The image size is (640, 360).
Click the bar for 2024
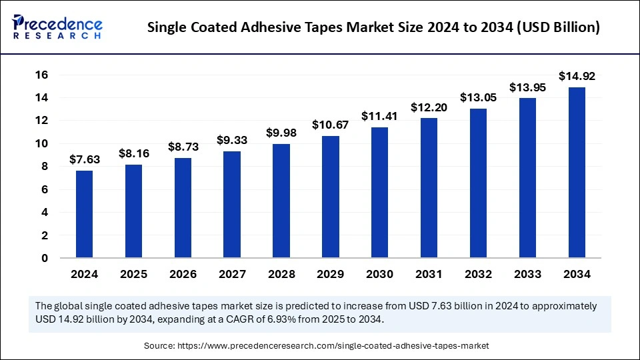[84, 214]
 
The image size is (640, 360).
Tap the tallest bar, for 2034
[577, 172]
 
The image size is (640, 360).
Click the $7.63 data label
[84, 159]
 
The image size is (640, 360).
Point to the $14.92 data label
[577, 75]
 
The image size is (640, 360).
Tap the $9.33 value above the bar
[232, 140]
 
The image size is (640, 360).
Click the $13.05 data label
[478, 97]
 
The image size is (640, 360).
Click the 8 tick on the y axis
[44, 167]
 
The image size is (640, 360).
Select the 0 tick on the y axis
[44, 259]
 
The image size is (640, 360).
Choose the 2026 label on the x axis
[183, 274]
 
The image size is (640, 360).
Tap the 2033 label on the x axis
[527, 274]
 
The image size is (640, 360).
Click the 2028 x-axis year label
[281, 274]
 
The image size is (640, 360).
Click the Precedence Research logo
[57, 27]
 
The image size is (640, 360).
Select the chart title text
[373, 27]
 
